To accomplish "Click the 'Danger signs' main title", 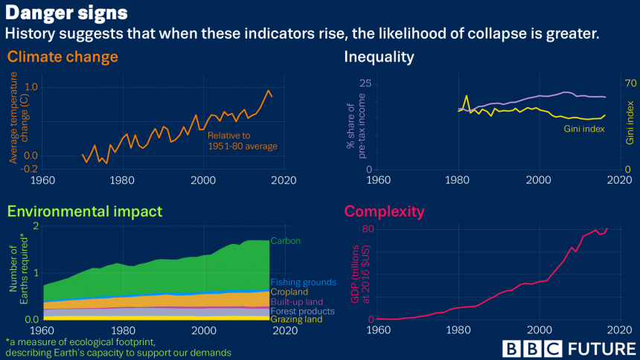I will pyautogui.click(x=67, y=13).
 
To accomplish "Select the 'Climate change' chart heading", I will pyautogui.click(x=63, y=57).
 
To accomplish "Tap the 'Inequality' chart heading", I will pyautogui.click(x=379, y=57).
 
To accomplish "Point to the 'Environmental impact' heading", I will pyautogui.click(x=85, y=211).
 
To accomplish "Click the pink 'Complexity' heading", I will pyautogui.click(x=384, y=211).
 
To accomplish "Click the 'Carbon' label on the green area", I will pyautogui.click(x=286, y=241).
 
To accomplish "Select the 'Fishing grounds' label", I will pyautogui.click(x=304, y=283).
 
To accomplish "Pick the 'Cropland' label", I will pyautogui.click(x=289, y=292).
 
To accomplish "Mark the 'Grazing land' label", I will pyautogui.click(x=296, y=320).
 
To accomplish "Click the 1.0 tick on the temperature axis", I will pyautogui.click(x=31, y=87).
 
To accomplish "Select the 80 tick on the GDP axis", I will pyautogui.click(x=368, y=229).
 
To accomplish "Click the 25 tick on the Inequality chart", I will pyautogui.click(x=365, y=83).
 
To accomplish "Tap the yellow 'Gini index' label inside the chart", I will pyautogui.click(x=583, y=129).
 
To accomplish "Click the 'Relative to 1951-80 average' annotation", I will pyautogui.click(x=242, y=141).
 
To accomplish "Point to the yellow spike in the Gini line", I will pyautogui.click(x=467, y=96).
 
